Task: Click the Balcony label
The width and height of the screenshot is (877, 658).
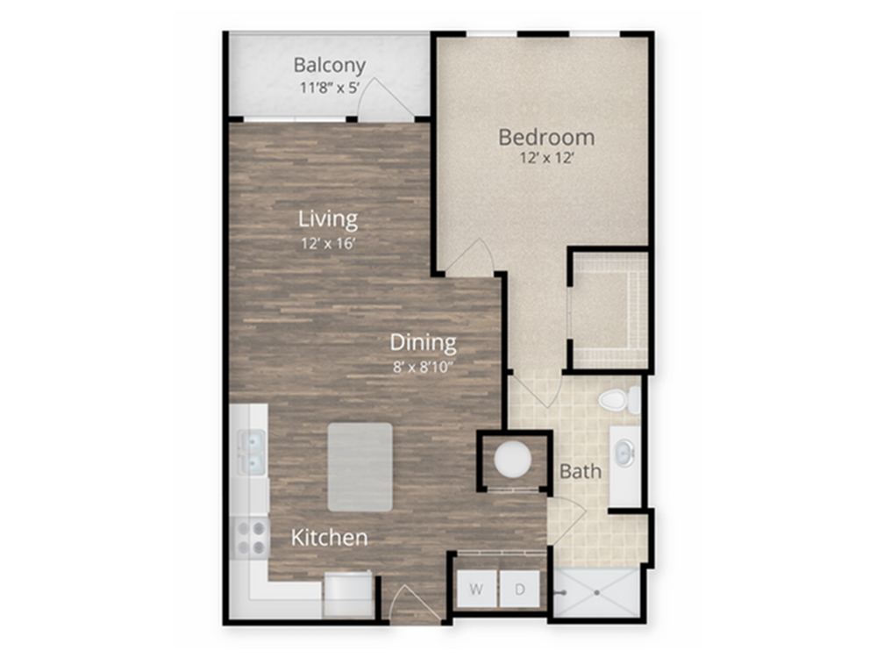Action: tap(330, 66)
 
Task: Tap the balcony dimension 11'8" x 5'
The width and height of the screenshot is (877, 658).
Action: tap(329, 87)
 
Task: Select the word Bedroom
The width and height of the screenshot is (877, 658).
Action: tap(546, 137)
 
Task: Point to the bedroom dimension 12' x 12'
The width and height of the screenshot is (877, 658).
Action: tap(547, 158)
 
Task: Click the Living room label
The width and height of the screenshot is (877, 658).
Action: tap(328, 218)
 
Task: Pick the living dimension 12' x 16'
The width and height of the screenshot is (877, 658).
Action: tap(328, 243)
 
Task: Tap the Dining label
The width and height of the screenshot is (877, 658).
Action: tap(424, 342)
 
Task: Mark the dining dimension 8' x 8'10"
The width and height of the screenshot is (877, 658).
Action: tap(423, 367)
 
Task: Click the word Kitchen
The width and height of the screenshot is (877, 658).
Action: tap(330, 538)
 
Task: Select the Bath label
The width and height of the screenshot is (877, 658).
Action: tap(581, 472)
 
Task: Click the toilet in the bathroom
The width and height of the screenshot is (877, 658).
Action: tap(620, 399)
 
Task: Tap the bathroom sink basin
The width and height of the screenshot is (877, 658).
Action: tap(624, 452)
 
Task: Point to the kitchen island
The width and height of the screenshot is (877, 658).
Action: tap(360, 468)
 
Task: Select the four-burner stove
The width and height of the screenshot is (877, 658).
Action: tap(251, 539)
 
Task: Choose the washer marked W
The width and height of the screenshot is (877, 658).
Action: tap(476, 590)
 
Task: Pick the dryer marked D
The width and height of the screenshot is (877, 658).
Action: tap(520, 590)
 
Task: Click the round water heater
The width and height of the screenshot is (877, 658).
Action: tap(512, 460)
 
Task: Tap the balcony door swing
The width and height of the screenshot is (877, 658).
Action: tap(385, 100)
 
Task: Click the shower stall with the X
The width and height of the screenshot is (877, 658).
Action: tap(596, 592)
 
